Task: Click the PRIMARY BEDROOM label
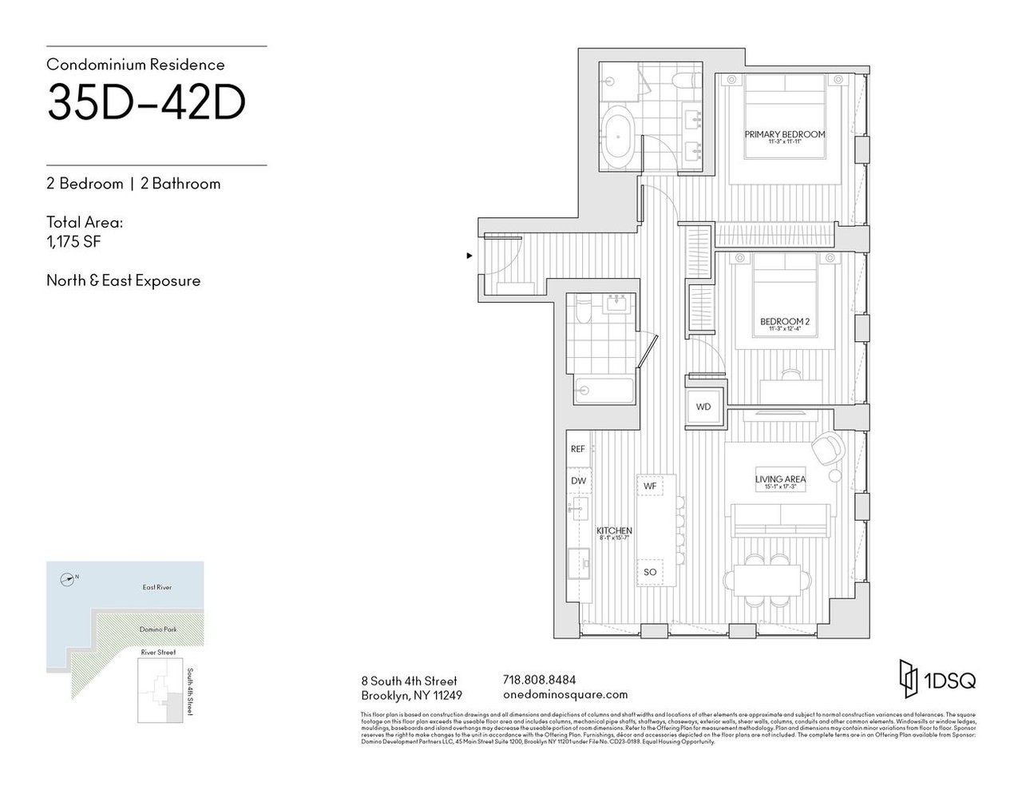784,134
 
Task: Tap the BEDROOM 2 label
784,322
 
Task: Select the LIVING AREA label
779,479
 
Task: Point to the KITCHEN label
615,530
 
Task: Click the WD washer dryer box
703,407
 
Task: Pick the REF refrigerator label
578,450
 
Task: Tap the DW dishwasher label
578,481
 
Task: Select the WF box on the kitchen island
650,486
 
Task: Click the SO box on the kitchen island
650,572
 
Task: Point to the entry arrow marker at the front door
469,256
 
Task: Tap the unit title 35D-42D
146,101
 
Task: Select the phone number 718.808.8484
539,680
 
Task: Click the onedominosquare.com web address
565,695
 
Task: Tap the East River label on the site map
158,587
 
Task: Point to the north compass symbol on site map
69,578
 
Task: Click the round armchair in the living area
826,447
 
